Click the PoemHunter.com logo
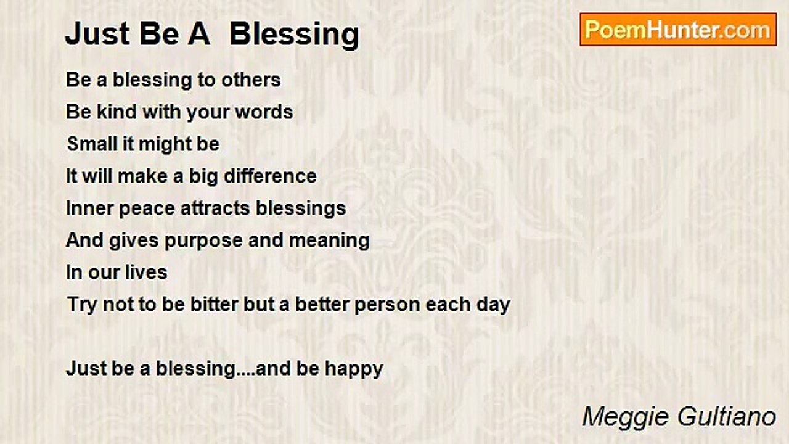678,30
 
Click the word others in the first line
251,80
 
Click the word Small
91,144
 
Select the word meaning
329,240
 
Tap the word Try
83,305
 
